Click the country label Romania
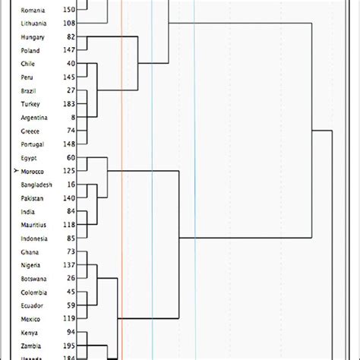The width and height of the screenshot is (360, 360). (33, 10)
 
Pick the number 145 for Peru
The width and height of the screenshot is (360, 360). (68, 77)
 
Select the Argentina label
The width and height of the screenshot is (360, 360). (34, 118)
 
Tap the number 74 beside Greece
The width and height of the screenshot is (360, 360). (70, 131)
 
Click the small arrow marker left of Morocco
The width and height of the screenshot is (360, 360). (16, 172)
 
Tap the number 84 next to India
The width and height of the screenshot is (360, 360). (70, 211)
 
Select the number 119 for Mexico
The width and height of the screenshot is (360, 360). (68, 319)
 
